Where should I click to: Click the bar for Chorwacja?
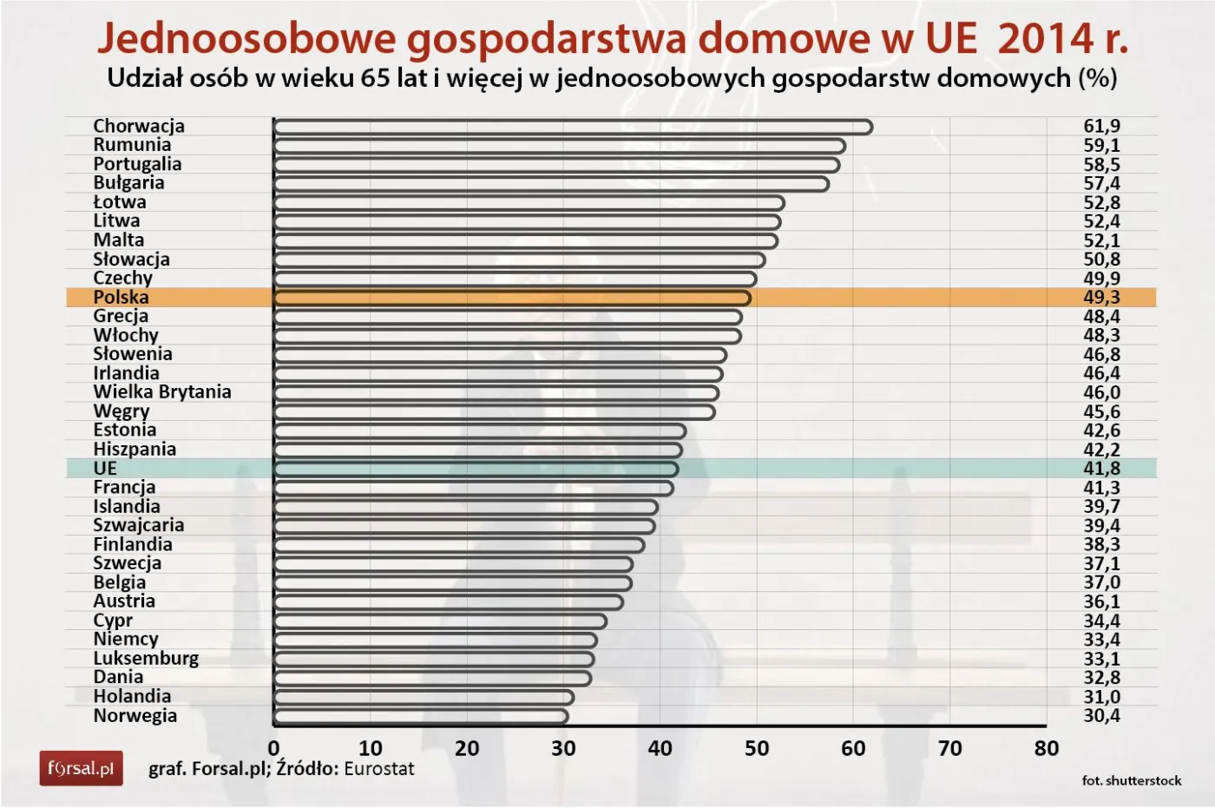pyautogui.click(x=573, y=127)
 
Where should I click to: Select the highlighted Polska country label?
pyautogui.click(x=121, y=298)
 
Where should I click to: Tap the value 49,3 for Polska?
pyautogui.click(x=1101, y=298)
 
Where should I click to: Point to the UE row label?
pyautogui.click(x=105, y=469)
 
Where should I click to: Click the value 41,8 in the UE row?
pyautogui.click(x=1101, y=469)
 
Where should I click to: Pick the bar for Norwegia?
pyautogui.click(x=421, y=717)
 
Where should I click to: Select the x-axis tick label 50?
pyautogui.click(x=757, y=748)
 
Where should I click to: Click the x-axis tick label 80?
pyautogui.click(x=1047, y=748)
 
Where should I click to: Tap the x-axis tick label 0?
pyautogui.click(x=274, y=748)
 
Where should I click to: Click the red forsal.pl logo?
pyautogui.click(x=81, y=768)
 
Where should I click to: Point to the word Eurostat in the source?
pyautogui.click(x=379, y=769)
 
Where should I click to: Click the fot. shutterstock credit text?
pyautogui.click(x=1132, y=781)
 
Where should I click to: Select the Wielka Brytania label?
pyautogui.click(x=162, y=392)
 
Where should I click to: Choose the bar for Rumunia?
pyautogui.click(x=560, y=146)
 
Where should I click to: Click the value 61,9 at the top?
pyautogui.click(x=1101, y=127)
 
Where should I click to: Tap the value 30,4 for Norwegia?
pyautogui.click(x=1101, y=716)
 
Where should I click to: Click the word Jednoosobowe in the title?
pyautogui.click(x=245, y=38)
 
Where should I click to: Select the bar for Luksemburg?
pyautogui.click(x=434, y=660)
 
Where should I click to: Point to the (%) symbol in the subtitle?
pyautogui.click(x=1097, y=78)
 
